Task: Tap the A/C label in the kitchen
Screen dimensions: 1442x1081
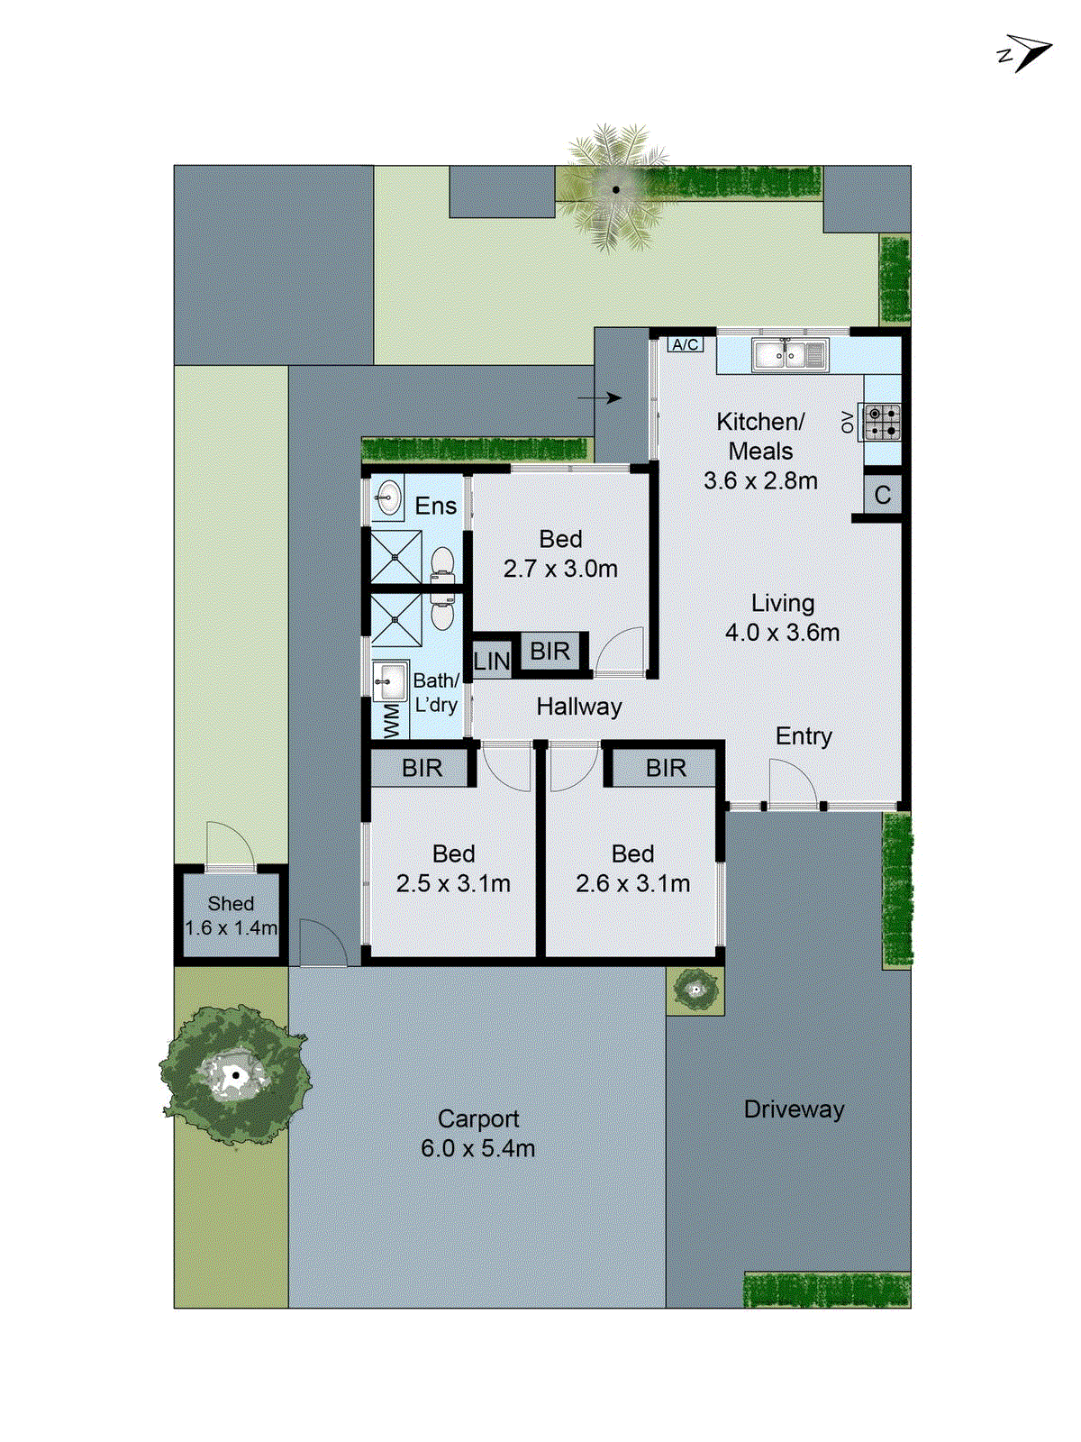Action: [x=685, y=344]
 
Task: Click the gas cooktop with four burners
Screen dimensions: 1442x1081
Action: [x=882, y=422]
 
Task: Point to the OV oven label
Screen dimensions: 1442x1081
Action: [x=848, y=421]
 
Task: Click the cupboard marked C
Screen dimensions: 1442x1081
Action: [x=882, y=495]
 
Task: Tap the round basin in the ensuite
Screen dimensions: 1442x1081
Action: [x=388, y=497]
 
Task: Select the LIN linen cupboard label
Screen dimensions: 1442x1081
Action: [x=492, y=662]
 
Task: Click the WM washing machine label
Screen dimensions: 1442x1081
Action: [x=391, y=721]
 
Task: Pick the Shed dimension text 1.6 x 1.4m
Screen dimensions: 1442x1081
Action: [x=231, y=927]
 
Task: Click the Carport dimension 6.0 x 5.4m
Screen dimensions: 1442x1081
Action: [x=477, y=1148]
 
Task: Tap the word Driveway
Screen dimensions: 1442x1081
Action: [x=794, y=1109]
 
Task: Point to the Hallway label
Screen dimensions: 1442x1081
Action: [x=578, y=707]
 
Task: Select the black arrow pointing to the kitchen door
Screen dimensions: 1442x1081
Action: [x=599, y=397]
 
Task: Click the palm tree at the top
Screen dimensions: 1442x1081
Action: [x=616, y=190]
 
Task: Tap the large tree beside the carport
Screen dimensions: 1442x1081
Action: [x=234, y=1074]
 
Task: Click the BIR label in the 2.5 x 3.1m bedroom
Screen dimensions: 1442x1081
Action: [x=422, y=768]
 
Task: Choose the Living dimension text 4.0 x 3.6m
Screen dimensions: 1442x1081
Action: [x=782, y=633]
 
